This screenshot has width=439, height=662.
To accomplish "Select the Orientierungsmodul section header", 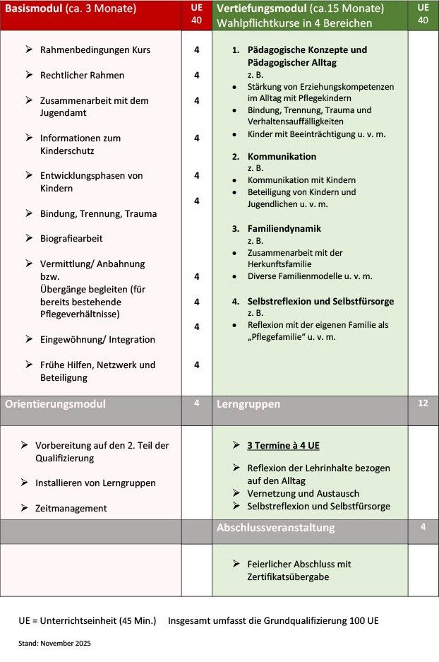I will click(x=55, y=404).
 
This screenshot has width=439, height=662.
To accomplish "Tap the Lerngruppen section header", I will click(x=248, y=404).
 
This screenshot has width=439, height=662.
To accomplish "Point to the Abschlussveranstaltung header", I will click(x=275, y=528).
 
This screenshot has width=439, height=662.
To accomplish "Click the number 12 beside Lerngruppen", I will click(x=423, y=403).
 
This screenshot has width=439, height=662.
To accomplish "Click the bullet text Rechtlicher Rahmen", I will click(x=82, y=76).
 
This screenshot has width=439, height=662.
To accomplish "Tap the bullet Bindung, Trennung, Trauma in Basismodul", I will click(x=98, y=213).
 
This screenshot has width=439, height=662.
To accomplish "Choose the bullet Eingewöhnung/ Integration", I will click(x=97, y=339).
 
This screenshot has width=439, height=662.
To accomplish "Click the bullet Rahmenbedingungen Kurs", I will click(x=95, y=50).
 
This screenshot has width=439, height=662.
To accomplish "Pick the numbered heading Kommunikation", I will click(x=282, y=156).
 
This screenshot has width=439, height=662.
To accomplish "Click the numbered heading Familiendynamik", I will click(x=284, y=229).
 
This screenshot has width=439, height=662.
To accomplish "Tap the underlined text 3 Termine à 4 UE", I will click(x=283, y=446).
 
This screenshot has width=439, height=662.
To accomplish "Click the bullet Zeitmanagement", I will click(x=71, y=508).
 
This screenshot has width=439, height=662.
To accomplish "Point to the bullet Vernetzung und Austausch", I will click(x=303, y=493).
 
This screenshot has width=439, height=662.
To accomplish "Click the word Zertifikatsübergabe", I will click(x=288, y=577).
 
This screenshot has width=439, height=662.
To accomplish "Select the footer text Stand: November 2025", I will click(x=54, y=644).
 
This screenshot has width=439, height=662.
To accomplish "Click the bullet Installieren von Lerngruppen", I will click(x=95, y=483).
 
